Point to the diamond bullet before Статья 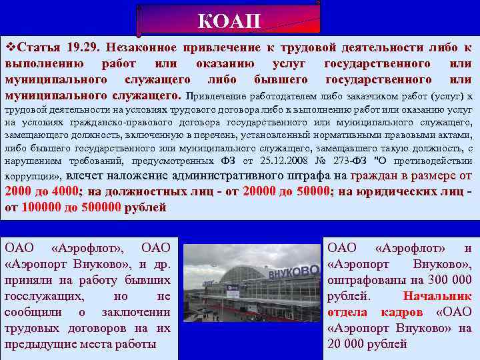pyautogui.click(x=9, y=47)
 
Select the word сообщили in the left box pyautogui.click(x=35, y=313)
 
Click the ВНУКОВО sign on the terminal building pyautogui.click(x=293, y=271)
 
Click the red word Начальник pyautogui.click(x=437, y=297)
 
